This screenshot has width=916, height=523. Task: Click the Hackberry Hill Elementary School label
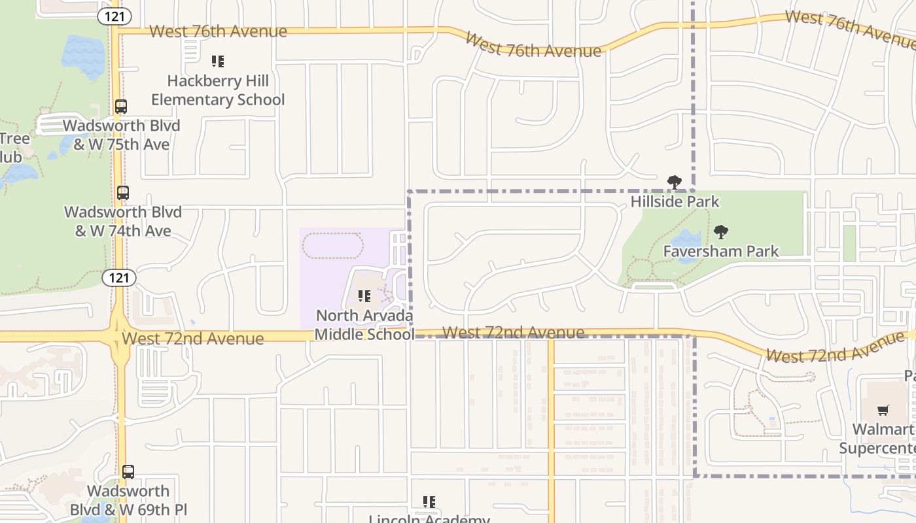[218, 90]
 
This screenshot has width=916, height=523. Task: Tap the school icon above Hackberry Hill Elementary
[218, 61]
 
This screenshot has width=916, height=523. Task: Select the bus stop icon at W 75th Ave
[121, 106]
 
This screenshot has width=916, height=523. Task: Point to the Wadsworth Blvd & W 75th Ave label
[121, 135]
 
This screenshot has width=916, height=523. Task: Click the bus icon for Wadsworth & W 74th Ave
[123, 193]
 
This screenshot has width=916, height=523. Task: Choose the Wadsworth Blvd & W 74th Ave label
[123, 222]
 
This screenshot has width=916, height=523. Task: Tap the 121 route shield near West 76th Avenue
[115, 16]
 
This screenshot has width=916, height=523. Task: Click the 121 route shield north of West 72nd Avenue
[119, 278]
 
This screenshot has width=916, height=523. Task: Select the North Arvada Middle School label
[364, 325]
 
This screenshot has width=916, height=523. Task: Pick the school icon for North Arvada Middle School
[364, 296]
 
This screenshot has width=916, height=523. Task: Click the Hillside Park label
[675, 201]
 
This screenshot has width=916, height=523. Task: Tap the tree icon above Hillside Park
[675, 182]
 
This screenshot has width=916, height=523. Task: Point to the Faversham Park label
[721, 251]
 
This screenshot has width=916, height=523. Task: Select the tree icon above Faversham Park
[721, 232]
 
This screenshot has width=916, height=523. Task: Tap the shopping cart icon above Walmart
[883, 411]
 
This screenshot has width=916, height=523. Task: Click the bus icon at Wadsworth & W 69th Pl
[128, 472]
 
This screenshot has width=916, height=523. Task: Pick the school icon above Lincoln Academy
[429, 502]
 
